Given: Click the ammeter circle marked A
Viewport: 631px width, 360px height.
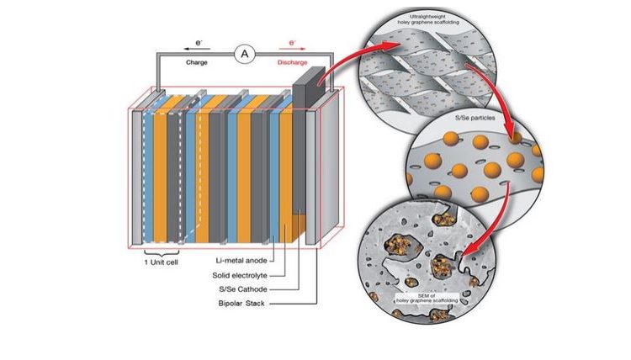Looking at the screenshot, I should (245, 55).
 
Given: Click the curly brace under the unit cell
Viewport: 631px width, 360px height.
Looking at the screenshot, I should (160, 253).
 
